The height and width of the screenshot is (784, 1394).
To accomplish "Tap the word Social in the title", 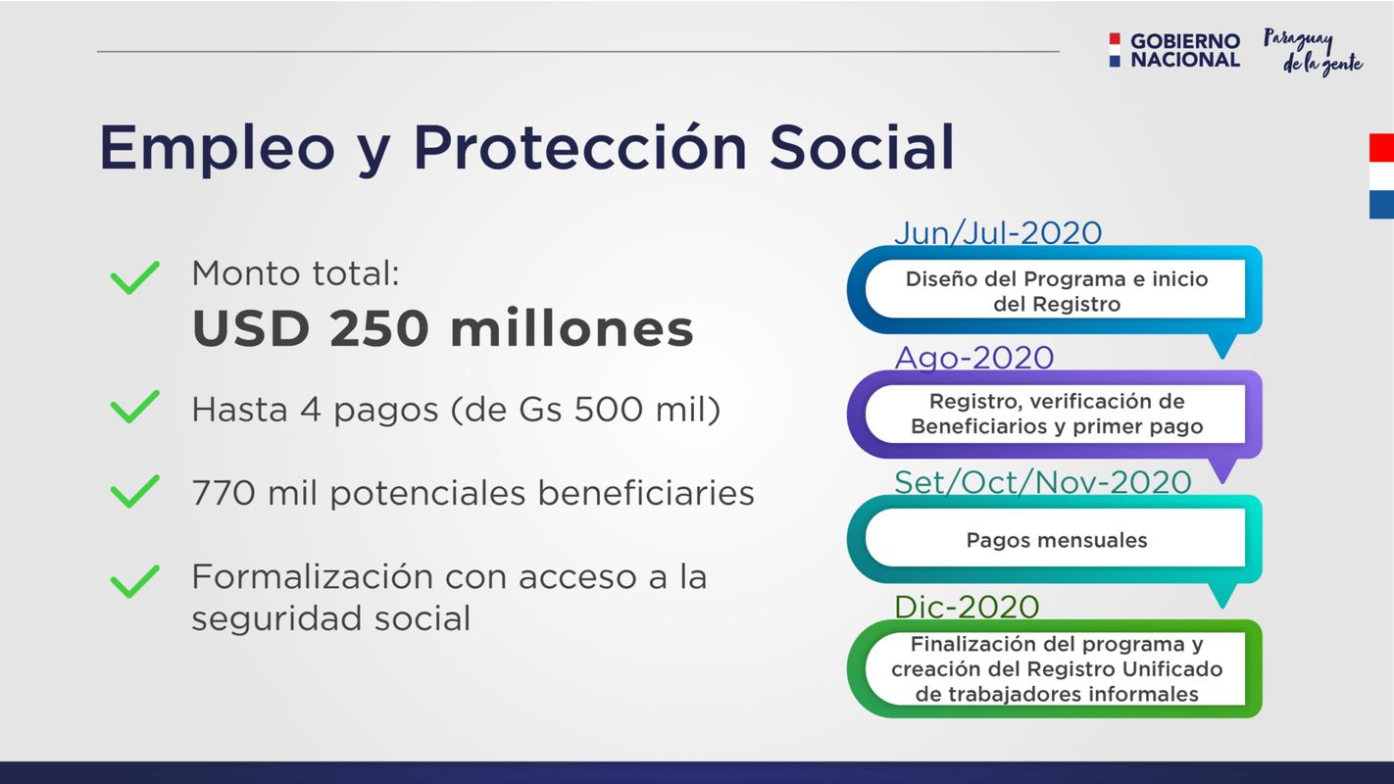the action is coord(862,147).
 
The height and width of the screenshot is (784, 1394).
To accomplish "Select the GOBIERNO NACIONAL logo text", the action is coord(1185,50).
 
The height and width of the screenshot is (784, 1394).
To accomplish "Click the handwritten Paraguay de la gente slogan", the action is coord(1313,52).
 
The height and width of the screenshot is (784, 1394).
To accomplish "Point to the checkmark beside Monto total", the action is coord(135,277).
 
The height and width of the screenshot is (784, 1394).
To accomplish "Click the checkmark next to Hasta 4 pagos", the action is coord(135,407).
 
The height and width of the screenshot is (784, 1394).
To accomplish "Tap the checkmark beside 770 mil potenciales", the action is coord(135,491).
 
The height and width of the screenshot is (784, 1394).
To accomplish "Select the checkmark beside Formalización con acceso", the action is coord(135,581).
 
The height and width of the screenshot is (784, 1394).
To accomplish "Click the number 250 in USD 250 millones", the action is coord(378,328).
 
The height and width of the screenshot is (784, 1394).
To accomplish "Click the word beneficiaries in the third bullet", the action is coord(646,493).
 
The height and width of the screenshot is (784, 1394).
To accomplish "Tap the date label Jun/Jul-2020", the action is coord(998,232).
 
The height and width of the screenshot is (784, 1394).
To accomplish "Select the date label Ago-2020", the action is coord(973,357).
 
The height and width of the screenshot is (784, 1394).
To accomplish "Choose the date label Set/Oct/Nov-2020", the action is coord(1043,481).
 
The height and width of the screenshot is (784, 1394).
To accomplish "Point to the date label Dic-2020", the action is coord(967,607).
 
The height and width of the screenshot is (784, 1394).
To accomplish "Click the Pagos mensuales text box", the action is coord(1056,539).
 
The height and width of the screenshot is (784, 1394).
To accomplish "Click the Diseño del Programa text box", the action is coord(1056,290).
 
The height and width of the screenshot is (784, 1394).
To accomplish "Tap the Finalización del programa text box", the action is coord(1056,669).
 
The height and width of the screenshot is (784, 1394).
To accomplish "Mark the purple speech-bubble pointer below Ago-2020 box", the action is coord(1222,470).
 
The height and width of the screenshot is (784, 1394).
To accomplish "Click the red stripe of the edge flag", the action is coord(1381,147).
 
